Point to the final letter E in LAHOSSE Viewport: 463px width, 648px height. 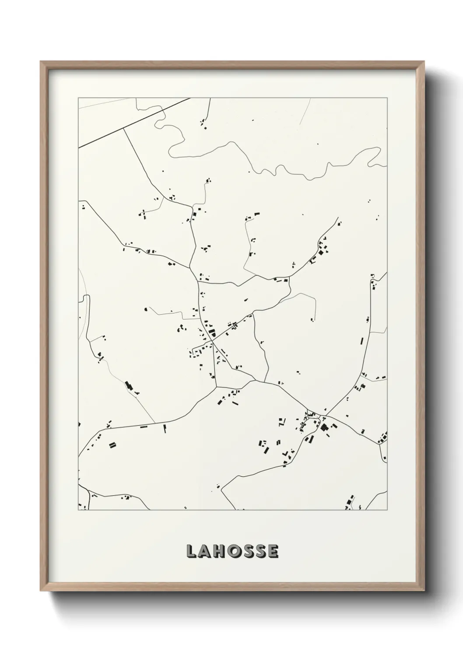tap(273, 551)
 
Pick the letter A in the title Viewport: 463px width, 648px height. tap(203, 551)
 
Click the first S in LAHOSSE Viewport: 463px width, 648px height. tap(246, 551)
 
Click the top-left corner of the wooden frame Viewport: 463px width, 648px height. tap(41, 62)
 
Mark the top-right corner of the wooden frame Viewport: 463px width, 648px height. tap(424, 62)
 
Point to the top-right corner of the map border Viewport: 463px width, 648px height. tap(387, 98)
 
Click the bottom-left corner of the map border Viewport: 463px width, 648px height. tap(78, 510)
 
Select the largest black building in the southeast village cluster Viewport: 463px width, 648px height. tap(324, 427)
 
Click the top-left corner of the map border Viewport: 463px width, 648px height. tap(78, 98)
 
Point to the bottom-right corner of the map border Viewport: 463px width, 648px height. tap(387, 510)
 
